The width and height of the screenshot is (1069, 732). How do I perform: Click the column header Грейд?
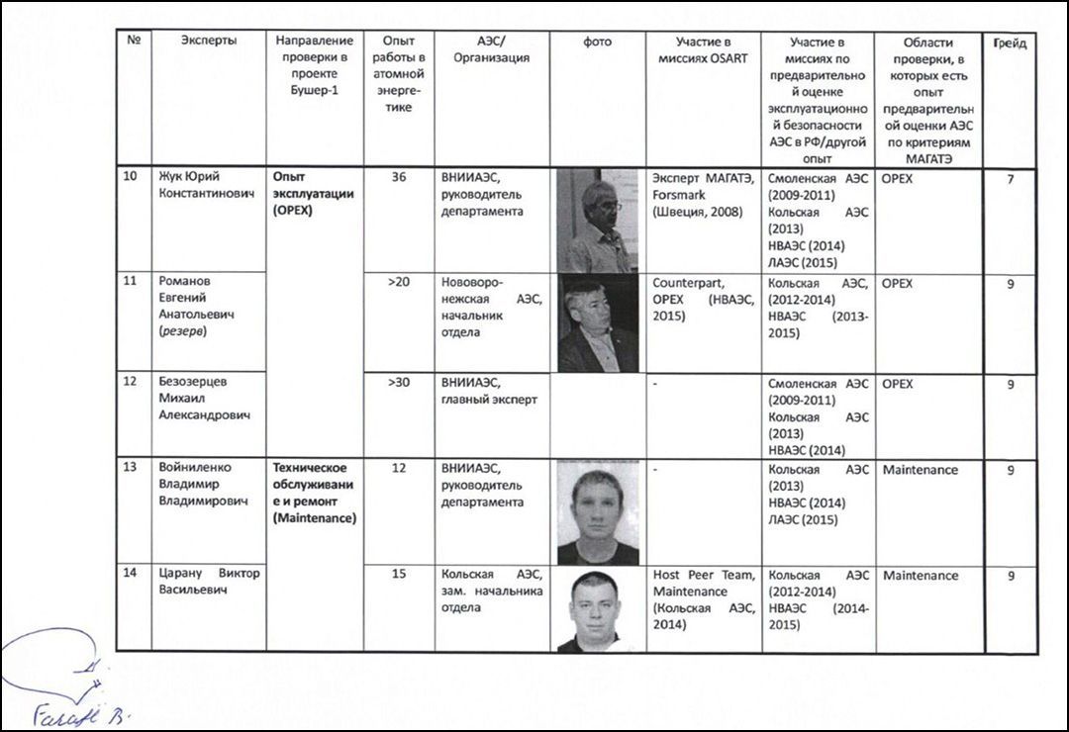(x=1010, y=43)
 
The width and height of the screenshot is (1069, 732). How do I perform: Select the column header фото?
(x=598, y=43)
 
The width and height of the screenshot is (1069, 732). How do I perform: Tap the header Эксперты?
(x=209, y=42)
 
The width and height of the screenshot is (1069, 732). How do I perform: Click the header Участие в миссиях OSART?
(x=703, y=49)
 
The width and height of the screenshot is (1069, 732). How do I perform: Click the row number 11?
(x=130, y=281)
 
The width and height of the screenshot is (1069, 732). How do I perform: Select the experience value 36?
(x=398, y=178)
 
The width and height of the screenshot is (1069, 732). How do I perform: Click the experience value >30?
(x=398, y=383)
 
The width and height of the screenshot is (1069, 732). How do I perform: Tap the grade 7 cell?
(x=1010, y=179)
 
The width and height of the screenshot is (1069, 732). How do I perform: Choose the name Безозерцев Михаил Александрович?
(x=205, y=399)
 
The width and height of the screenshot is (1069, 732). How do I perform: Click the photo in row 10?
(x=597, y=221)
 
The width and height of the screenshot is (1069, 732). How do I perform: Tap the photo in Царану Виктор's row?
(x=596, y=609)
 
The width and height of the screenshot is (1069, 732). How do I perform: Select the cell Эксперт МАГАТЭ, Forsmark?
(x=703, y=195)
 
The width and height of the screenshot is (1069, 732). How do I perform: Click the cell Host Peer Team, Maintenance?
(x=703, y=599)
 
